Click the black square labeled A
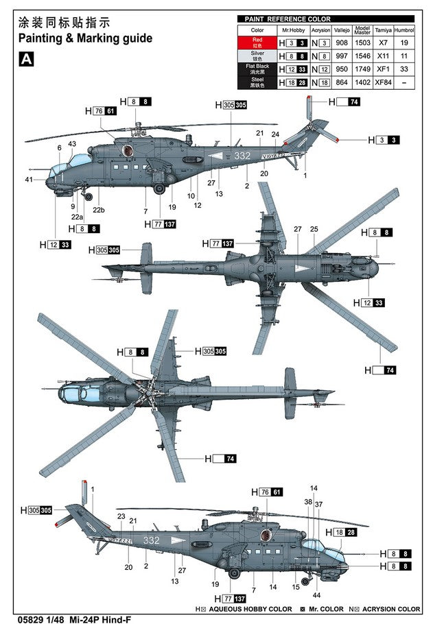click(26, 60)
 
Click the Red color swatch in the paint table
click(257, 43)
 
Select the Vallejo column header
click(342, 30)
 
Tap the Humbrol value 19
click(405, 43)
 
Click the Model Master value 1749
click(362, 69)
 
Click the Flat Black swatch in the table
click(257, 69)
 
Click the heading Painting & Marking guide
click(85, 38)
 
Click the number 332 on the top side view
click(242, 156)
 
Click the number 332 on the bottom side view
click(151, 540)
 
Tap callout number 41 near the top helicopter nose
click(29, 180)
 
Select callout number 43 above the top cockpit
click(72, 143)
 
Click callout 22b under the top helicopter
click(100, 210)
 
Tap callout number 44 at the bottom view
click(316, 595)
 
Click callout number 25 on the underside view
click(314, 229)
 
